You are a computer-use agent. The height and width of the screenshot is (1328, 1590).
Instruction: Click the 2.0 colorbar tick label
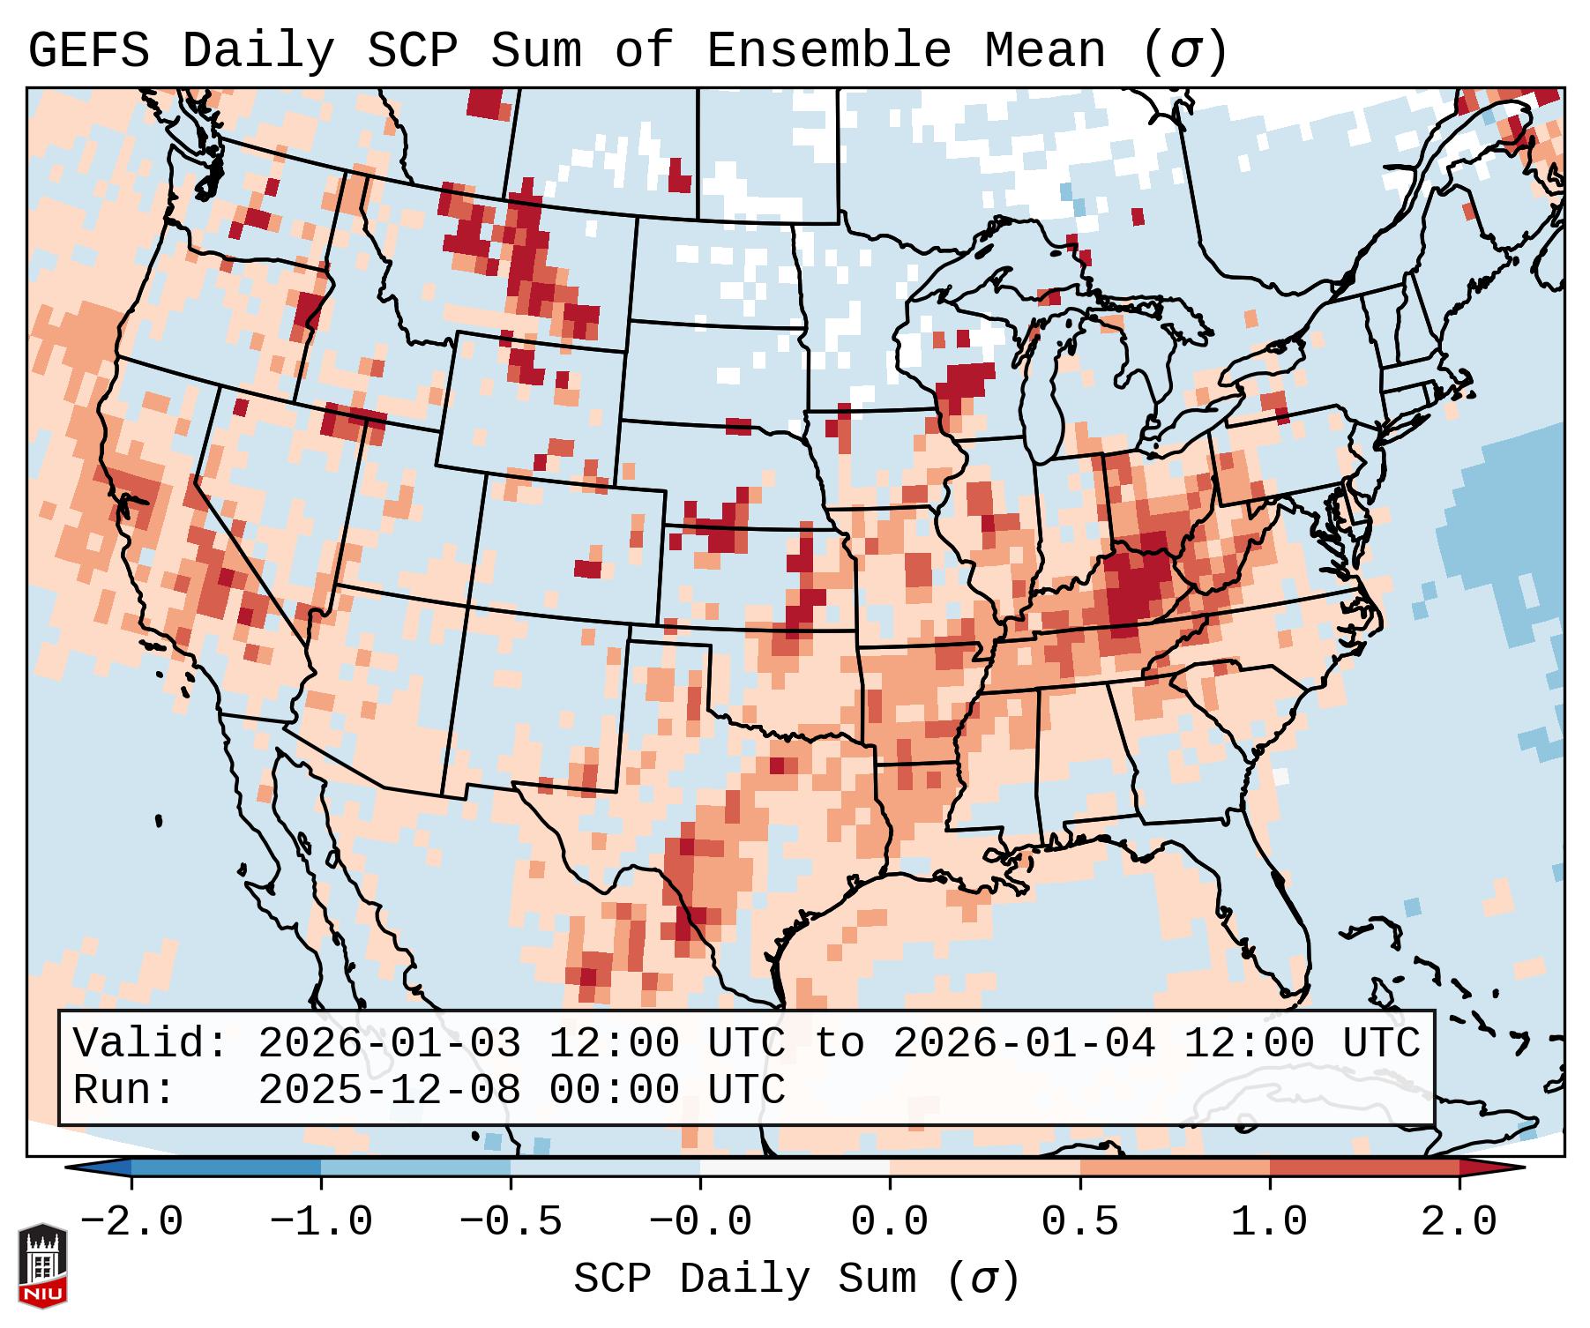pyautogui.click(x=1459, y=1222)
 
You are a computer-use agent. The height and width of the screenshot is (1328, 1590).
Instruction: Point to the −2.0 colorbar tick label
pyautogui.click(x=131, y=1222)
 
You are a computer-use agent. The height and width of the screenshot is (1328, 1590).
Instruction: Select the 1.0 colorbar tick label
pyautogui.click(x=1269, y=1222)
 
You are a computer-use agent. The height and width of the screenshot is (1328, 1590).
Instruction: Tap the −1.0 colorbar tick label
pyautogui.click(x=321, y=1222)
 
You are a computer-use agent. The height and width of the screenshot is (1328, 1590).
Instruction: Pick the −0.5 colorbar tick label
pyautogui.click(x=511, y=1222)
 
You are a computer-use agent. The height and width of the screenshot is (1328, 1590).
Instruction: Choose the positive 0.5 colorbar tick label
pyautogui.click(x=1079, y=1222)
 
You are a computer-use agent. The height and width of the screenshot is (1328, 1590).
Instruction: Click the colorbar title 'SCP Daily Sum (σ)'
pyautogui.click(x=796, y=1280)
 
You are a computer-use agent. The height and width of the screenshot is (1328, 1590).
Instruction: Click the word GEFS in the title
pyautogui.click(x=89, y=51)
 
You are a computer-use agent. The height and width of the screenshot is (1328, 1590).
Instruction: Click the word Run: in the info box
pyautogui.click(x=125, y=1090)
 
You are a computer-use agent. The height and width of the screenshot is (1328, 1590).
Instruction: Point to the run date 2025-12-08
pyautogui.click(x=389, y=1090)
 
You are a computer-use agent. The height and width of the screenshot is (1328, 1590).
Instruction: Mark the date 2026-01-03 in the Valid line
pyautogui.click(x=389, y=1043)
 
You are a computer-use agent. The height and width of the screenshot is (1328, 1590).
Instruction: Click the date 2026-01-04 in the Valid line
pyautogui.click(x=1024, y=1043)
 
